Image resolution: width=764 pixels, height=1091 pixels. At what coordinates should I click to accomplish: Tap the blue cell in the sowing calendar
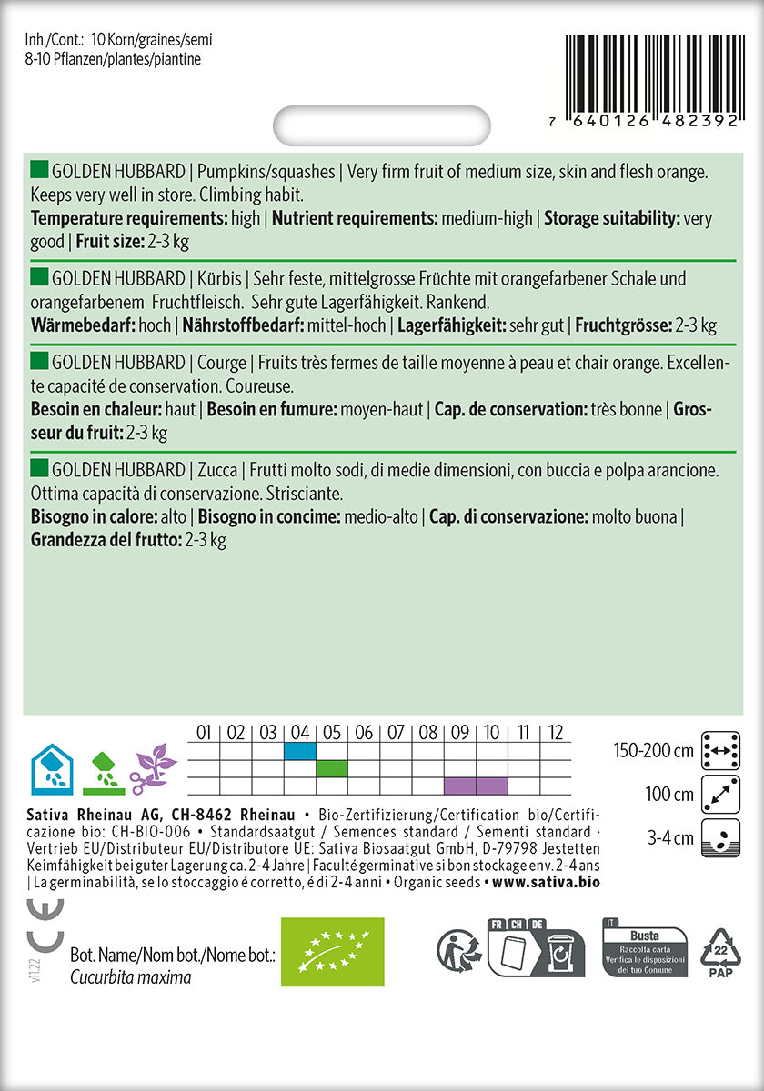pos(300,751)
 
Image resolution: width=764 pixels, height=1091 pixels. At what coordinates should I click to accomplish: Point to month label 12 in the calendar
pos(556,732)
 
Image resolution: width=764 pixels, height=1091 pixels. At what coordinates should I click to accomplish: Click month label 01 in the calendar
pos(204,732)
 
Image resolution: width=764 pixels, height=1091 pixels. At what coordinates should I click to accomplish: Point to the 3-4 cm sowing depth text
pos(670,837)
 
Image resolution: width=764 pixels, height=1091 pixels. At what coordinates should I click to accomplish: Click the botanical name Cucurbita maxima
pos(131,977)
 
